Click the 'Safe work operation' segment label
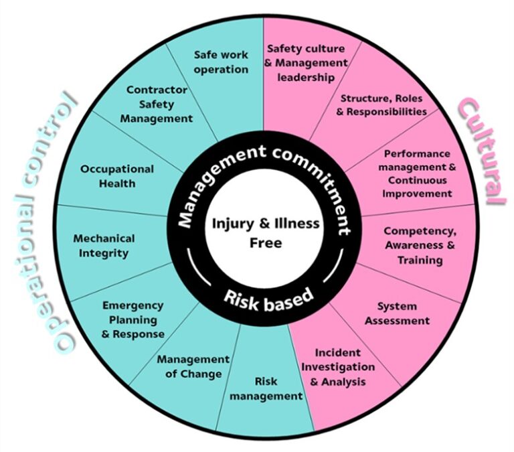(x=221, y=62)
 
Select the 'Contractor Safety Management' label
(x=159, y=104)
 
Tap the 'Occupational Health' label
(x=117, y=176)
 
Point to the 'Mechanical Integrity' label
(x=104, y=245)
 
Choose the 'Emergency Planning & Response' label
(x=133, y=319)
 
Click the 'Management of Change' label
(x=193, y=366)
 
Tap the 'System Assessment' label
(x=396, y=313)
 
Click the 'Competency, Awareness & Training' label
(x=420, y=246)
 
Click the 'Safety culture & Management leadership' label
(x=307, y=63)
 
